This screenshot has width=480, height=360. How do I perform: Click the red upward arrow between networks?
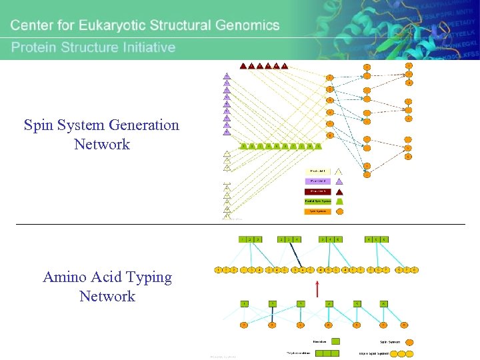tap(317, 288)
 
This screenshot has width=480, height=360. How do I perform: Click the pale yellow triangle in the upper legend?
tap(339, 171)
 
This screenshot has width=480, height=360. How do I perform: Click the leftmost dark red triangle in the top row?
tap(243, 66)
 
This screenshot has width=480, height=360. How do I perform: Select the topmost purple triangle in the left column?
tap(227, 75)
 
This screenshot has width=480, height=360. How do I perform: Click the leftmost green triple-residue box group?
tap(250, 239)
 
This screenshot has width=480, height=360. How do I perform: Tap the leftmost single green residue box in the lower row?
tap(245, 303)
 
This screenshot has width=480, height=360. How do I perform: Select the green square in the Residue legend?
tap(335, 341)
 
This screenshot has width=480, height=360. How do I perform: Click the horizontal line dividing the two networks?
tap(240, 224)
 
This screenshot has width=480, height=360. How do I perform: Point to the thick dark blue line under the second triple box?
tap(295, 255)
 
